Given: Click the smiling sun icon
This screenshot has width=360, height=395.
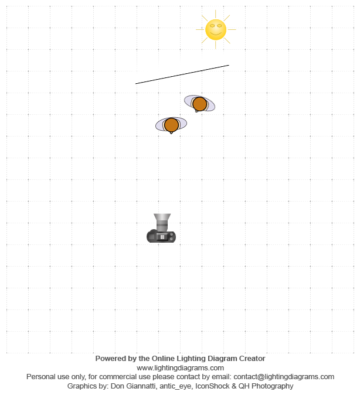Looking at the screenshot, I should point(216,30).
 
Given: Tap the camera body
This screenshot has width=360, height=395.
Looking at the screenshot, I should point(161,237).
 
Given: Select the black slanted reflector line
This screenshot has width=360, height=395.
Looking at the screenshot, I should point(182,74).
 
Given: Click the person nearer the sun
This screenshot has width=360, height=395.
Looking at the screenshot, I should point(199,104).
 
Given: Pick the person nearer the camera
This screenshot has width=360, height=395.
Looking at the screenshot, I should point(171,125).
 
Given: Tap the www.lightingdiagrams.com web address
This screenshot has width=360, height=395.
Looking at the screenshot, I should point(180,368).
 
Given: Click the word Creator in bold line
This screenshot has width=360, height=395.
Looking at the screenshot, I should point(250,359).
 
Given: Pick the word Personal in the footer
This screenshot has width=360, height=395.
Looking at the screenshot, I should point(40,377).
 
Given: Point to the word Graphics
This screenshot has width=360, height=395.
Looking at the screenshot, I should point(83,386).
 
